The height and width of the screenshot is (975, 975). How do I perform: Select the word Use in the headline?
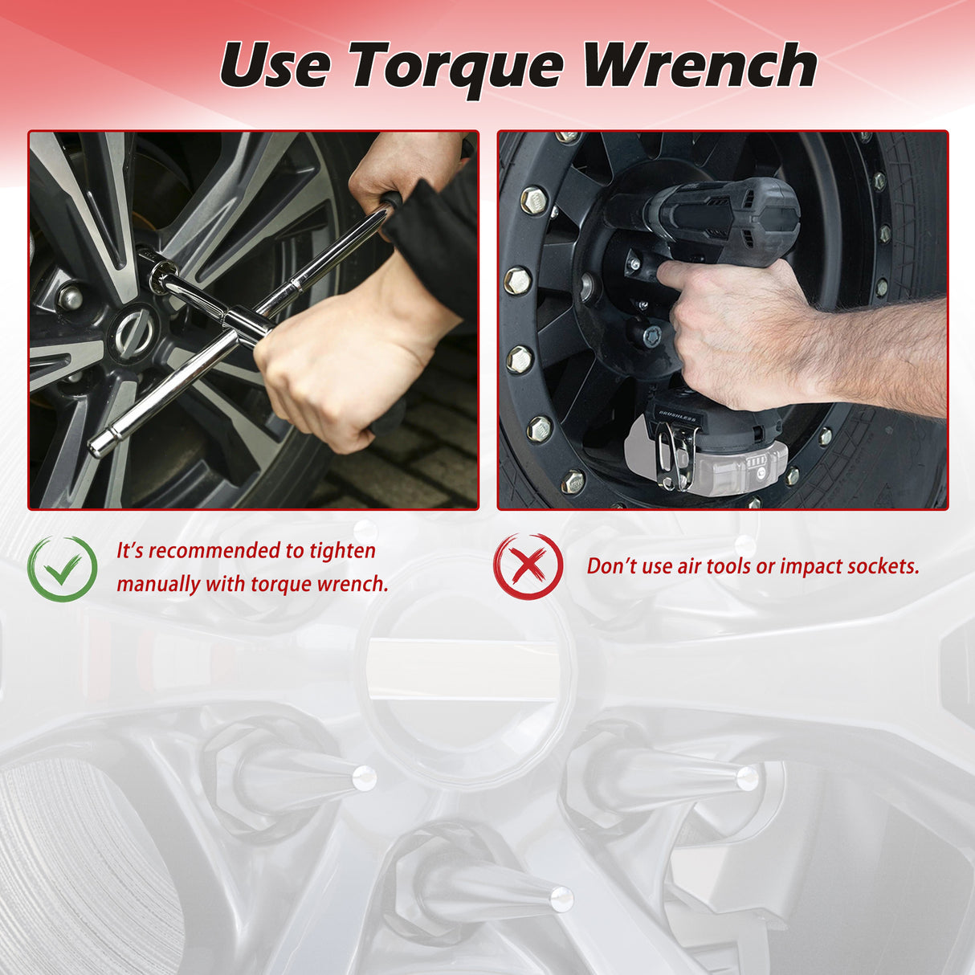pos(275,65)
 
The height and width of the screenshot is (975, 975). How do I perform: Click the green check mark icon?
pos(62,569)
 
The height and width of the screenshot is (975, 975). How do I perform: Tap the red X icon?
pos(528,566)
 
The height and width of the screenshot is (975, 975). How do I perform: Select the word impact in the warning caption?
pos(809,568)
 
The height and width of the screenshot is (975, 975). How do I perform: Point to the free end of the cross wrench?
pos(97,446)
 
